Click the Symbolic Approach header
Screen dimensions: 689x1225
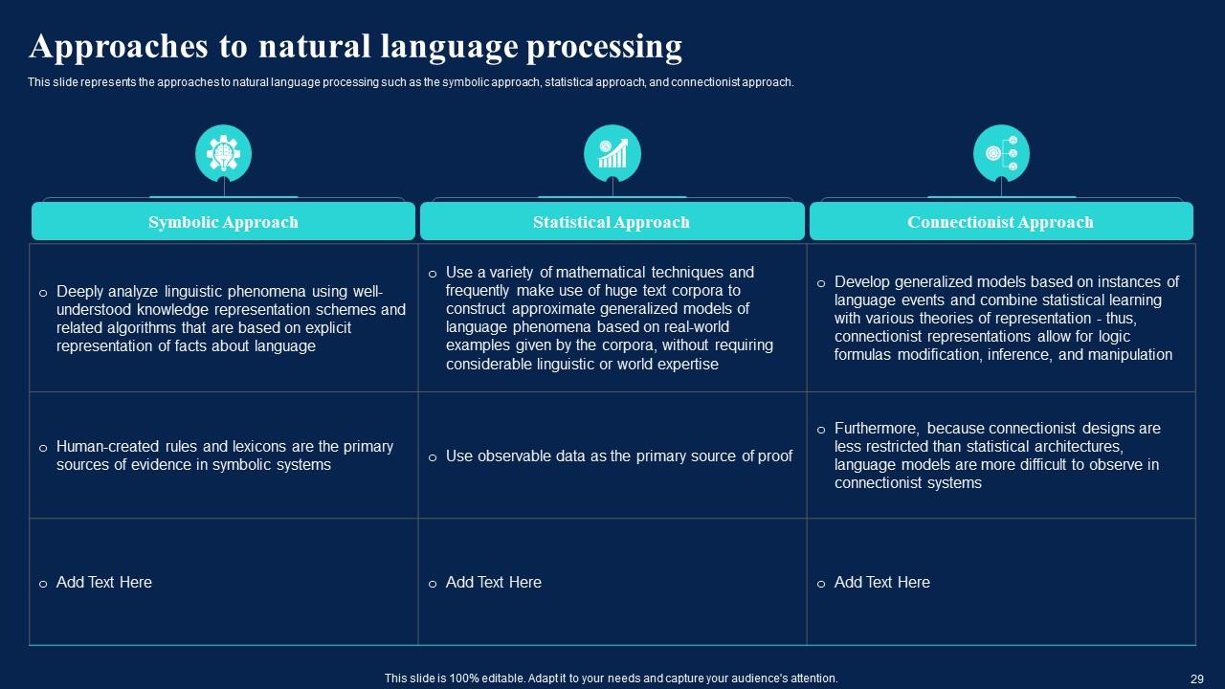pyautogui.click(x=223, y=222)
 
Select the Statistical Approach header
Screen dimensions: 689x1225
pyautogui.click(x=612, y=222)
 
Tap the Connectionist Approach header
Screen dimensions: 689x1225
pyautogui.click(x=1000, y=222)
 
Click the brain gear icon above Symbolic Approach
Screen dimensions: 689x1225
pyautogui.click(x=223, y=152)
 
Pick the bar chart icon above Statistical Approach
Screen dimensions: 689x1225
pyautogui.click(x=612, y=152)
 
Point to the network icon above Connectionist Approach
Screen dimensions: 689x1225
pyautogui.click(x=1001, y=152)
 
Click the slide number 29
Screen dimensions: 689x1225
pyautogui.click(x=1196, y=678)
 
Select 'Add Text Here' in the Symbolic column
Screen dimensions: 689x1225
pyautogui.click(x=103, y=582)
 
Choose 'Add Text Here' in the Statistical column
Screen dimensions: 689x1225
pyautogui.click(x=493, y=582)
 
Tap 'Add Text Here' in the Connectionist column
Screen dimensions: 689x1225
pyautogui.click(x=881, y=582)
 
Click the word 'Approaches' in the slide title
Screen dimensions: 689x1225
pyautogui.click(x=110, y=46)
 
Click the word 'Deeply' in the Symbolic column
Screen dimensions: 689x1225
pyautogui.click(x=79, y=291)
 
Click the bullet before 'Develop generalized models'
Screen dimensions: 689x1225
pyautogui.click(x=821, y=283)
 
